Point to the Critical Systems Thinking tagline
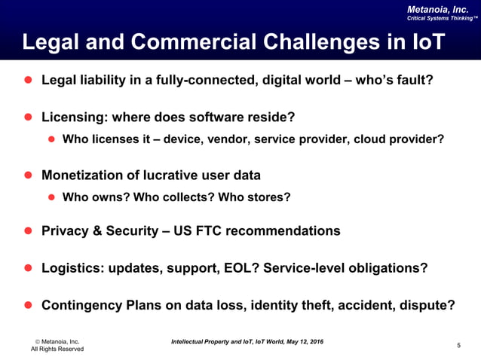(x=441, y=18)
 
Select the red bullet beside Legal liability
(x=28, y=80)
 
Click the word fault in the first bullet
(x=414, y=80)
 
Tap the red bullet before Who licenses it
(x=53, y=139)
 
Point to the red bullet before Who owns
(x=53, y=197)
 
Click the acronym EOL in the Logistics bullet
(x=240, y=268)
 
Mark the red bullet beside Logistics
(x=28, y=268)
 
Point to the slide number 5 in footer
(x=458, y=345)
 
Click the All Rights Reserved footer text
(x=57, y=349)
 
